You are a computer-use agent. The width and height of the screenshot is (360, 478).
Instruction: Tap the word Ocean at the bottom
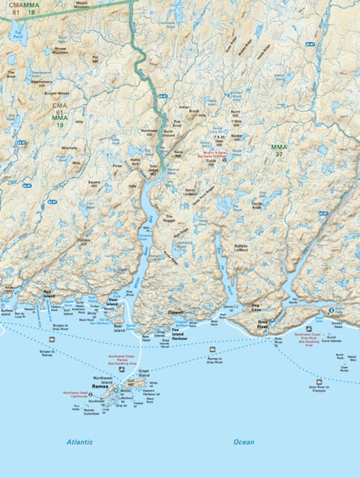(244, 442)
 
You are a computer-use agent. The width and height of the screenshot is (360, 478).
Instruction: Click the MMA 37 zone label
(279, 150)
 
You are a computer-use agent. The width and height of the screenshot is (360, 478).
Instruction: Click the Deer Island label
(112, 302)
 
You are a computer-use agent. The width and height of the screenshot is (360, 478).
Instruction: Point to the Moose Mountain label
(61, 50)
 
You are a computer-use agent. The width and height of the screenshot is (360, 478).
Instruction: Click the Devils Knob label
(257, 205)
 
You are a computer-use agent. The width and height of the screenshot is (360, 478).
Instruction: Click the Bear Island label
(118, 326)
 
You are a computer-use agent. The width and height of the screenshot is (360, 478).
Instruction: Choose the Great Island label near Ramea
(144, 372)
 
